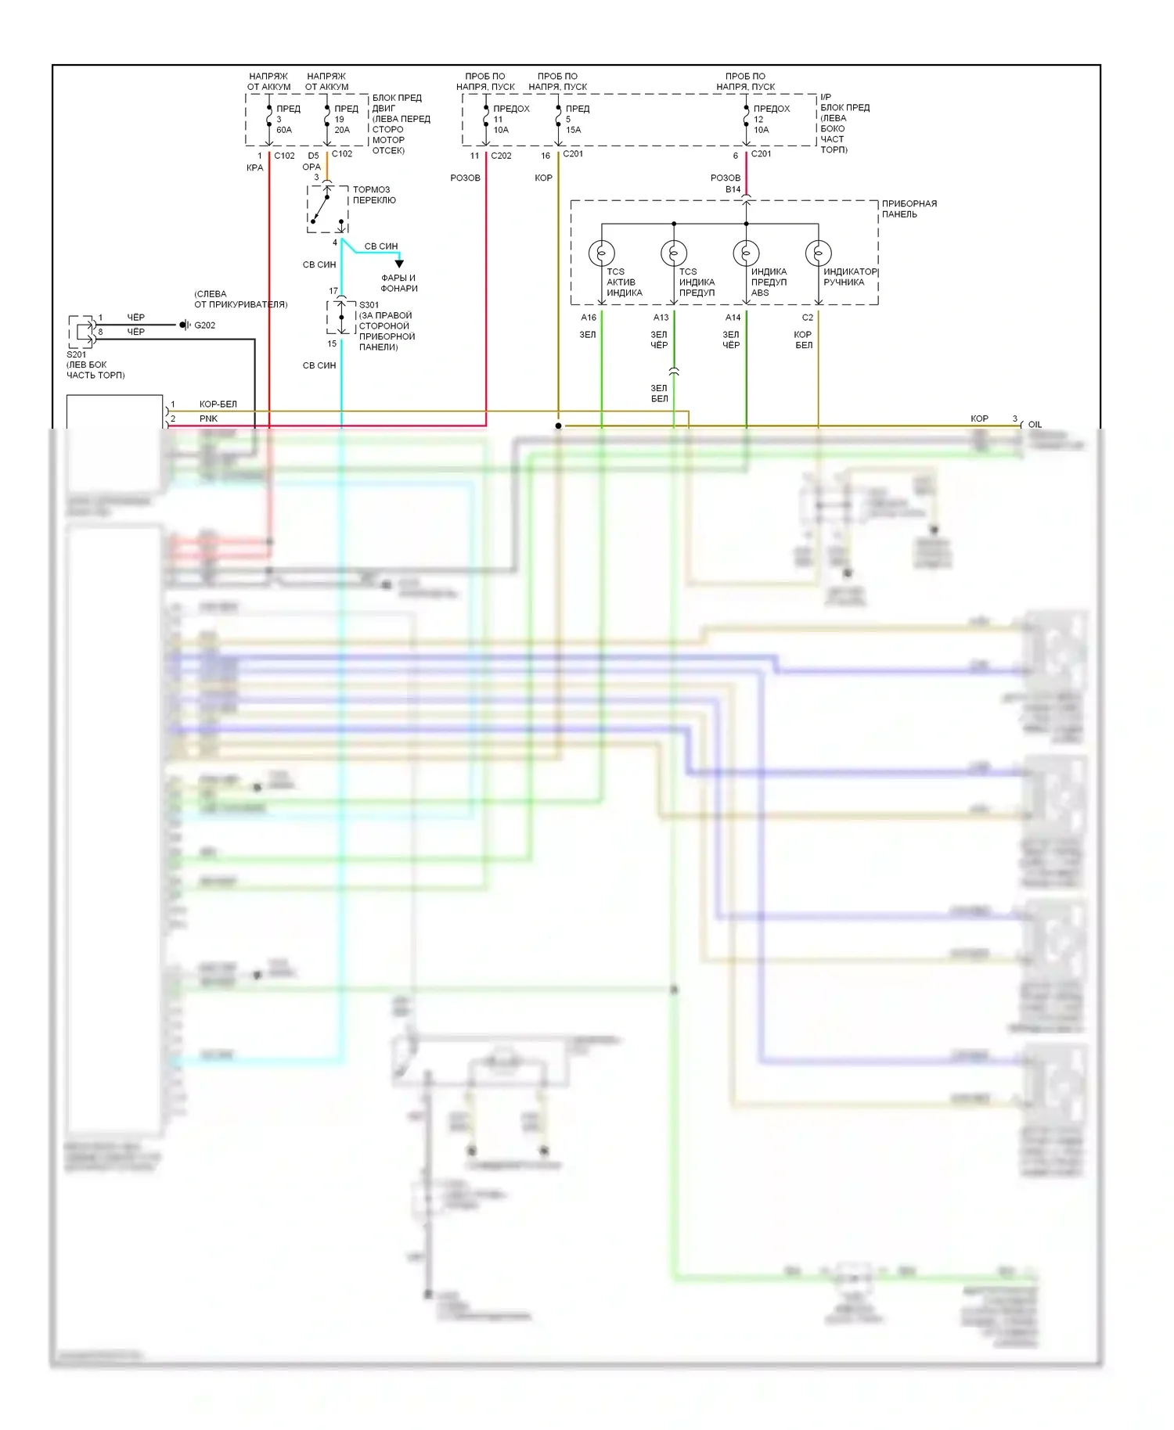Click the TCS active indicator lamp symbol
click(x=601, y=253)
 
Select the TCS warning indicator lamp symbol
click(x=674, y=253)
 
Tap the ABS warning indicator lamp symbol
click(x=746, y=253)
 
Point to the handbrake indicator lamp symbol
click(x=818, y=253)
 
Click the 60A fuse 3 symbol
click(x=268, y=120)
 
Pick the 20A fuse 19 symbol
click(x=327, y=120)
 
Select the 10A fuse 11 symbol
click(x=486, y=120)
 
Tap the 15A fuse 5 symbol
click(x=558, y=120)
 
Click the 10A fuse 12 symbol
click(x=746, y=120)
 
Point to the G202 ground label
click(x=204, y=325)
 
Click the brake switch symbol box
click(x=327, y=210)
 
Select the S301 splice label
click(x=369, y=305)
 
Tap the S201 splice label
click(x=77, y=354)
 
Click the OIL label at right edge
click(x=1035, y=425)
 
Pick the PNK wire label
click(x=208, y=419)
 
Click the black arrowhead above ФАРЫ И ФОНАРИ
click(x=399, y=264)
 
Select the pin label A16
click(x=589, y=318)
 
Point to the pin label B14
click(x=733, y=189)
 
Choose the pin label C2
click(x=808, y=318)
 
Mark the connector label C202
click(x=501, y=156)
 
